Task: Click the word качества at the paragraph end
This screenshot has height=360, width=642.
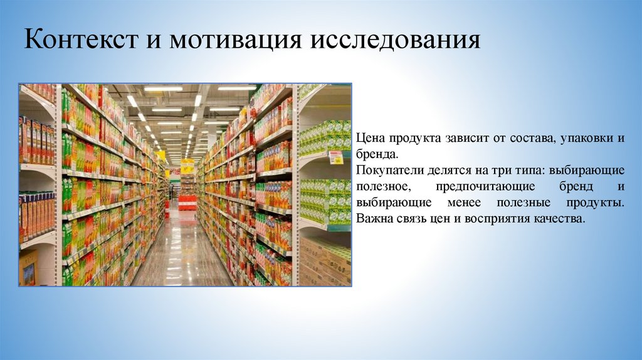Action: (x=560, y=220)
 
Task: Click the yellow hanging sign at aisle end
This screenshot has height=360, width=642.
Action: (x=187, y=167)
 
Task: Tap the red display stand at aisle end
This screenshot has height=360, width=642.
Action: (x=187, y=202)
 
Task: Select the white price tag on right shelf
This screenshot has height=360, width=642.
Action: (x=336, y=157)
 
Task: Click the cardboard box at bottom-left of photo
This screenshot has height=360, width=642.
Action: (x=28, y=268)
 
